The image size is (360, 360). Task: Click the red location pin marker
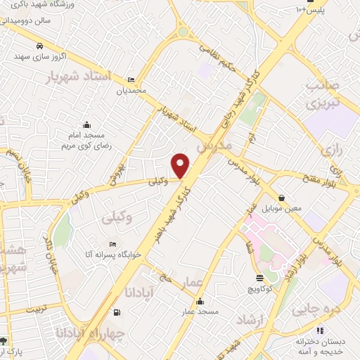[181, 165]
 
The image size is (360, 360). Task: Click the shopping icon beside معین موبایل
[282, 198]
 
